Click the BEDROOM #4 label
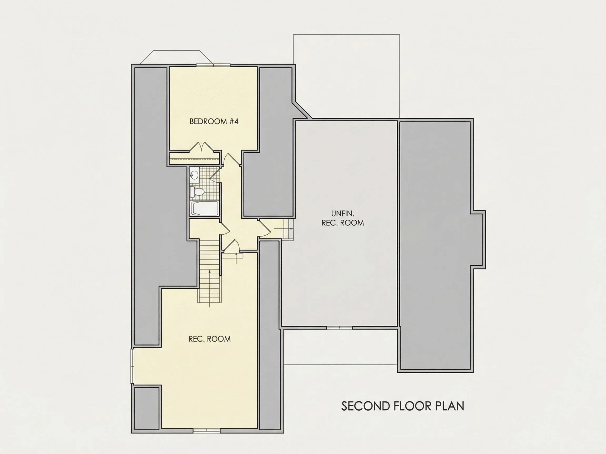coord(214,121)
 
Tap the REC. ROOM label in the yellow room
coord(210,339)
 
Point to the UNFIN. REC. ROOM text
coord(343,218)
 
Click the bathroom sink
coord(194,175)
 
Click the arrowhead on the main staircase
coord(210,272)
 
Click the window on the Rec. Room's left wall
coord(133,366)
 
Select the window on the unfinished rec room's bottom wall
coord(340,328)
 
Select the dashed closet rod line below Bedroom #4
coord(194,159)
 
